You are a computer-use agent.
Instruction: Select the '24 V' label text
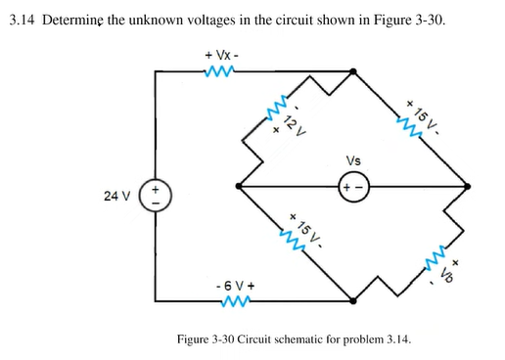[115, 196]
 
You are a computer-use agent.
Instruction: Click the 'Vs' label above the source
[352, 160]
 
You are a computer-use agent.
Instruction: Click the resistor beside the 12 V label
[280, 111]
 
